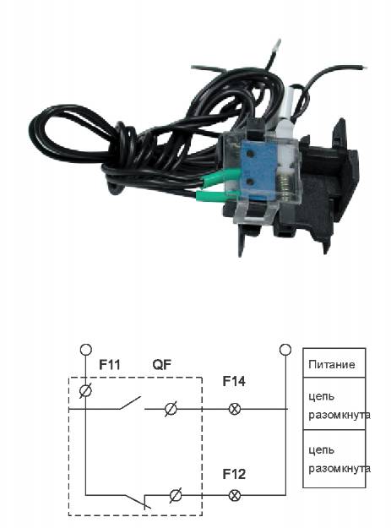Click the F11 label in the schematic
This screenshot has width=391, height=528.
coord(109,365)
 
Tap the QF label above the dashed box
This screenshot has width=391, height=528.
coord(162,365)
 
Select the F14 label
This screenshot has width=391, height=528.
coord(234,381)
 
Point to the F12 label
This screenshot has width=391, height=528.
coord(234,474)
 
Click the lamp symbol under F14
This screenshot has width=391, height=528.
coord(235,409)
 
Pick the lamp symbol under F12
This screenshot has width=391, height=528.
coord(235,495)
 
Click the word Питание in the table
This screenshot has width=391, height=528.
coord(331,364)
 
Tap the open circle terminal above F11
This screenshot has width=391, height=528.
coord(86,350)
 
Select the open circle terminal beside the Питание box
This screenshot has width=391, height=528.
coord(285,350)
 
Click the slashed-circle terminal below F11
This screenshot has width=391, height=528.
coord(85,391)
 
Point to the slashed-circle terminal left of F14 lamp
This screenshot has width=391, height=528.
coord(171,409)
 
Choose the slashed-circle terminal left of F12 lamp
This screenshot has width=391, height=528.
coord(176,495)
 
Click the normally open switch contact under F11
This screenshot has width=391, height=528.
coord(129,403)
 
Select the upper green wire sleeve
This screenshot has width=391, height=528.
coord(220,177)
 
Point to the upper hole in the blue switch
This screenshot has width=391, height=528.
coord(250,154)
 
